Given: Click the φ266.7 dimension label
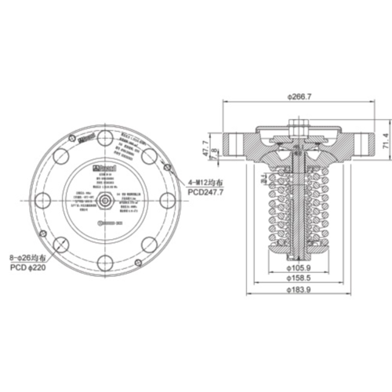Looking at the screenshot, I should tap(301, 96).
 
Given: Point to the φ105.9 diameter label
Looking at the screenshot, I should tap(301, 263).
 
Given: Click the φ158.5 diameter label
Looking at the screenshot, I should tap(301, 277).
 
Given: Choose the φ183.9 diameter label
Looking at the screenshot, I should tap(301, 291).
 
